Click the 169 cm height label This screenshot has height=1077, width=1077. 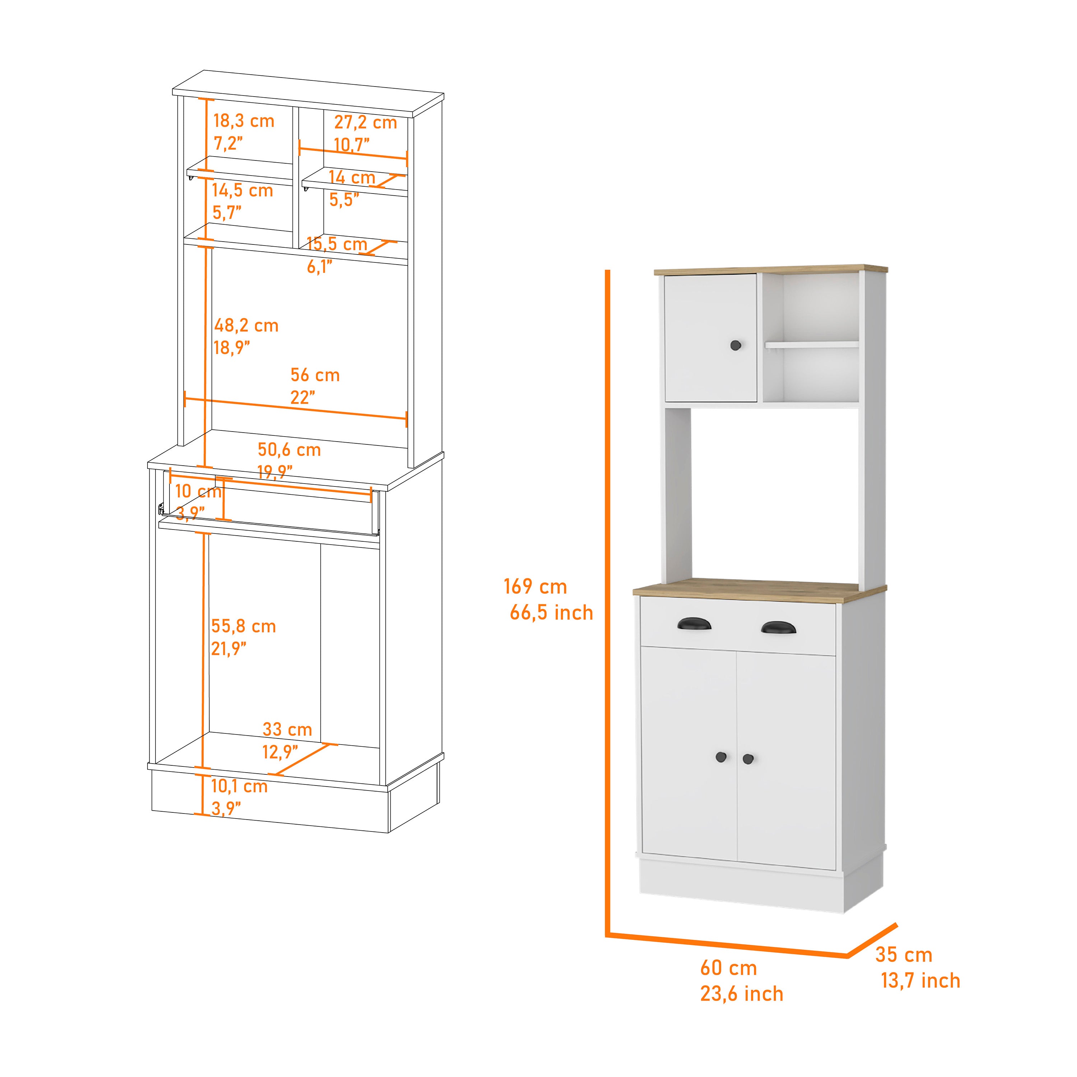click(x=535, y=587)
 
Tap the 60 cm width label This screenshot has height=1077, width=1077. click(x=729, y=968)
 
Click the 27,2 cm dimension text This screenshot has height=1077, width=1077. click(x=365, y=123)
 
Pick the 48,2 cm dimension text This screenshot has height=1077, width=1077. click(x=246, y=326)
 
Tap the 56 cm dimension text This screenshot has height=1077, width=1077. click(x=315, y=375)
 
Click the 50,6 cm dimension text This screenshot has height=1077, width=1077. click(x=289, y=450)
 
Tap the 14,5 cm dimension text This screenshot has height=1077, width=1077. click(x=242, y=191)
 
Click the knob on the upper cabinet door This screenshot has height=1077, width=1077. click(x=736, y=346)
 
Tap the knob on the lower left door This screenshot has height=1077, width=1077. click(x=721, y=757)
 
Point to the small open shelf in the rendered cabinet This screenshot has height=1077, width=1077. click(x=811, y=345)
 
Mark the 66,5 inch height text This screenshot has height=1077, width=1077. click(x=551, y=613)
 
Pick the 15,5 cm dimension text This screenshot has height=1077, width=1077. click(x=337, y=244)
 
